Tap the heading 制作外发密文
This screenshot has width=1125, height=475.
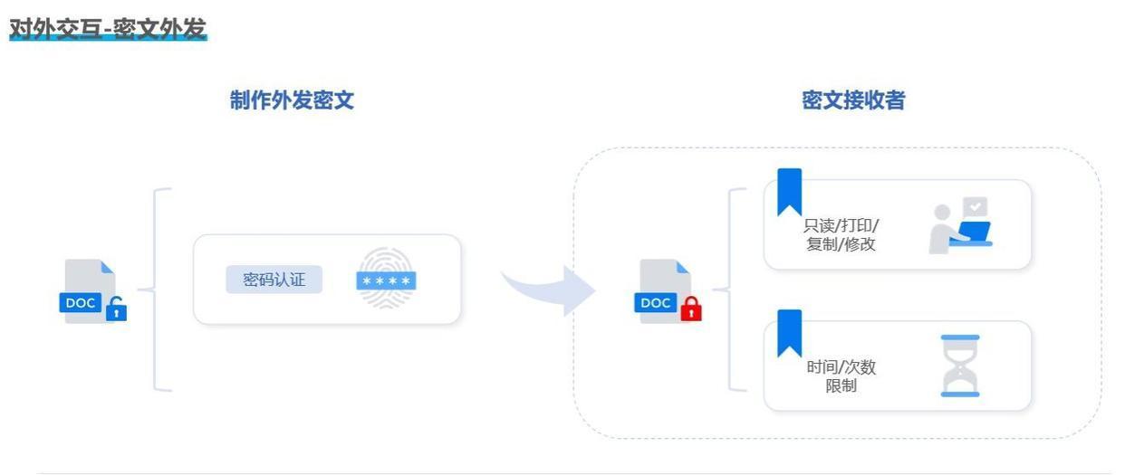(x=292, y=100)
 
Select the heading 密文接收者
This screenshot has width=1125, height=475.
(x=853, y=100)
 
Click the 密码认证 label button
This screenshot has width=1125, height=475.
(x=274, y=280)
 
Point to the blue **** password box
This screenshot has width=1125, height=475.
(x=386, y=280)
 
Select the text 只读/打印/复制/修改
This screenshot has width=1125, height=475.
(x=841, y=234)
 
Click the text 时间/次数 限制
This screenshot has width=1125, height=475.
(x=841, y=376)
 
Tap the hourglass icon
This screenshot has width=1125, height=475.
(x=960, y=366)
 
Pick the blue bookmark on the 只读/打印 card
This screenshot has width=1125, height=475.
(x=789, y=192)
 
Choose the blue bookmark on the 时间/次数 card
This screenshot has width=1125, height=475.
(x=789, y=333)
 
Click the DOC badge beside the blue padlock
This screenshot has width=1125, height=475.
(x=81, y=302)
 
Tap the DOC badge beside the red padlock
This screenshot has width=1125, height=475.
(x=656, y=302)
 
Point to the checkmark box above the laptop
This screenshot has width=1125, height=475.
(x=975, y=207)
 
